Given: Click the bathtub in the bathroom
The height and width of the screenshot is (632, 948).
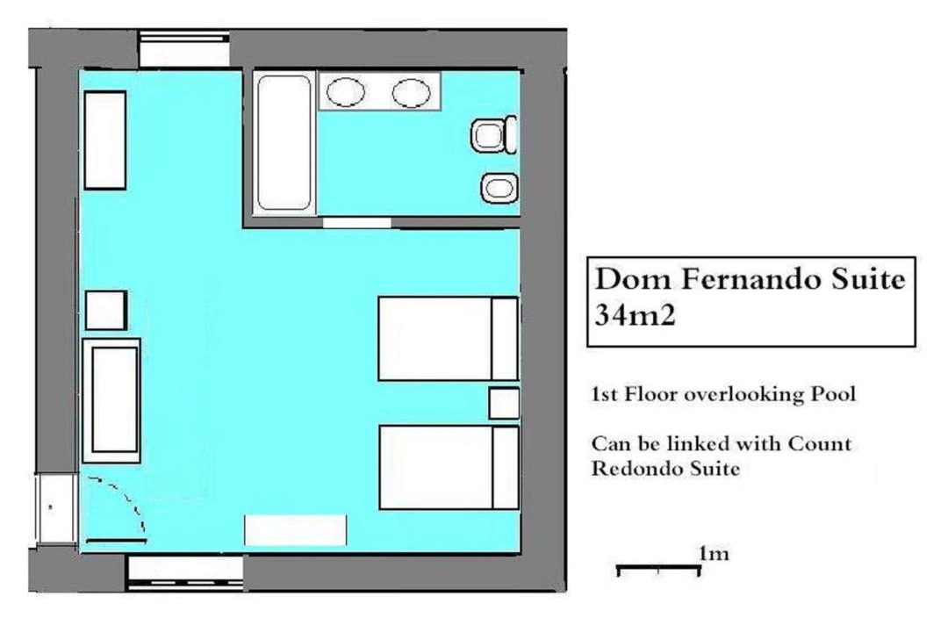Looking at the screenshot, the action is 284,143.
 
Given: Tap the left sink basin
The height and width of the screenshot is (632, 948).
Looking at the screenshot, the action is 346,92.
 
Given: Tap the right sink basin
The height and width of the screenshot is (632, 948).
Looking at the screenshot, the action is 411,93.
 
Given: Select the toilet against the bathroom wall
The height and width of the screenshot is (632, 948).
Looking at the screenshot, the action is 494,135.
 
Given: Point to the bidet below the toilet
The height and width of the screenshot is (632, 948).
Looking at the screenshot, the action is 499,188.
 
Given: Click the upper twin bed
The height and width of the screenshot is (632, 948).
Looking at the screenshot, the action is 448,339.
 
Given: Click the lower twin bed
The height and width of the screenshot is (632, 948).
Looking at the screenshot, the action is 449,467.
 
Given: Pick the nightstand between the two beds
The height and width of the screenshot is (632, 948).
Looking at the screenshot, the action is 504,404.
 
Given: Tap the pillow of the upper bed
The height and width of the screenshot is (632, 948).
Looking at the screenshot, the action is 505,339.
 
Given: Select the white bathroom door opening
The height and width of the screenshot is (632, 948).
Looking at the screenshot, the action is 356,223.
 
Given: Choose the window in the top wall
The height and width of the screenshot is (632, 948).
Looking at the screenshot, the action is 183,49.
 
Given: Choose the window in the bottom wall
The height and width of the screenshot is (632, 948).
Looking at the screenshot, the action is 185,572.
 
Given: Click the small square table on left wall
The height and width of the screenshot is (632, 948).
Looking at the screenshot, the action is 106,310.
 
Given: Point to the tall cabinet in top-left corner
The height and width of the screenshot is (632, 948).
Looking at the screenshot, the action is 105,140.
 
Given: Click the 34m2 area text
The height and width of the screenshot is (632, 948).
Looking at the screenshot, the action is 635,315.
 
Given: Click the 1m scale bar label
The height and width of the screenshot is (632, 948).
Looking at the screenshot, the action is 714,553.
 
